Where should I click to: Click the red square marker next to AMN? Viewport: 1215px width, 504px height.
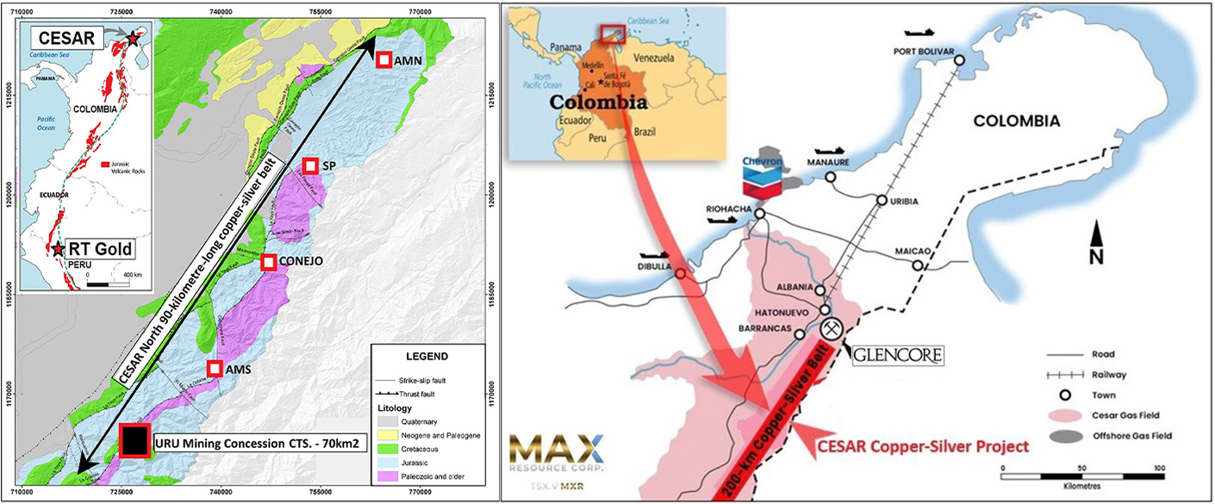click(x=383, y=59)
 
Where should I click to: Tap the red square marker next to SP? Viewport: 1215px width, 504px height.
click(x=310, y=166)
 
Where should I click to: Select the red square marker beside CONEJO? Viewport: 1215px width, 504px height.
click(x=269, y=262)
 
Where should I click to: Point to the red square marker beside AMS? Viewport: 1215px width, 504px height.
click(x=215, y=369)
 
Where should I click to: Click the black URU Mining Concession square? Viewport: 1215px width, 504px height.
click(x=134, y=441)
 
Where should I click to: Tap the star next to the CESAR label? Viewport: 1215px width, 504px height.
click(x=132, y=39)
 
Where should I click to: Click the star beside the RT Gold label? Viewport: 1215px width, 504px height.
click(x=58, y=249)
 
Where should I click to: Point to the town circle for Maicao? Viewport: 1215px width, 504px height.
click(x=918, y=265)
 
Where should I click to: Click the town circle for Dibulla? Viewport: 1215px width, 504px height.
click(x=681, y=274)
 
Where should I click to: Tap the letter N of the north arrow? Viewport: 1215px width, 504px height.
click(x=1097, y=258)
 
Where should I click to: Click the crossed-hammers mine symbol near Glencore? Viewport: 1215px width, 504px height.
click(x=832, y=329)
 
